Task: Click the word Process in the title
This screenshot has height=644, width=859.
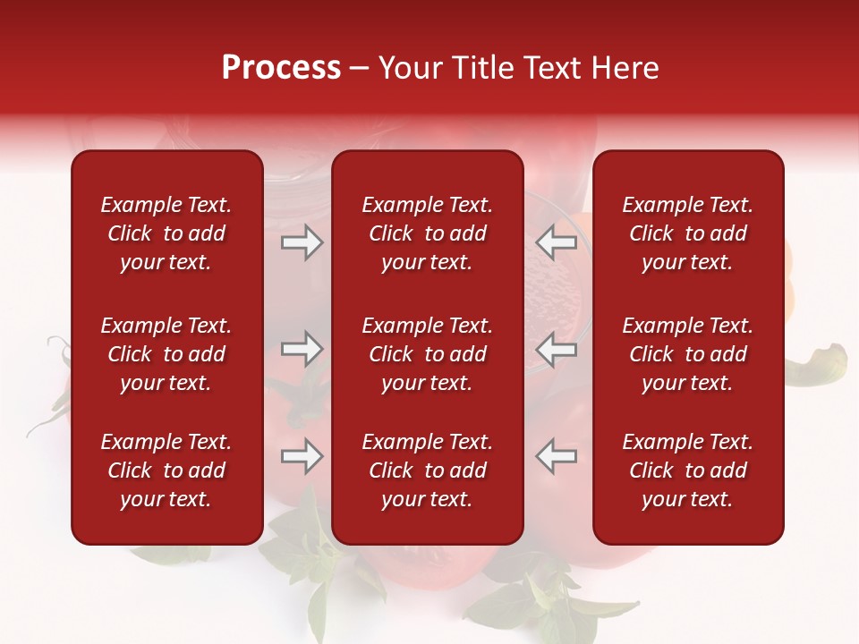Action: tap(281, 68)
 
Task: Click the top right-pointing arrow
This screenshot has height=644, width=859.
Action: tap(302, 242)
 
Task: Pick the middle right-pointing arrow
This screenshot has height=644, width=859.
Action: tap(302, 349)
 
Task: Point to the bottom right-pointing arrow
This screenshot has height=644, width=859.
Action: tap(302, 456)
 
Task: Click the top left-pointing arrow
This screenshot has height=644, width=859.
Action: tap(557, 242)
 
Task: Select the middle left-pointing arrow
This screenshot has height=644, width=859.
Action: tap(557, 349)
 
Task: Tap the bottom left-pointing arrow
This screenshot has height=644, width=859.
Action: tap(557, 456)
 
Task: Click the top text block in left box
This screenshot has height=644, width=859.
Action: tap(166, 233)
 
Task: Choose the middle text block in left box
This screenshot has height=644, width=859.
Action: tap(166, 354)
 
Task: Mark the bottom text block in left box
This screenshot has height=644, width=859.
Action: tap(166, 470)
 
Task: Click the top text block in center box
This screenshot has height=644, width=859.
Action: tap(427, 233)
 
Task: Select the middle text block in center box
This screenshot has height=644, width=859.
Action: tap(427, 354)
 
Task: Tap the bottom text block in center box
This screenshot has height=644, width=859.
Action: tap(427, 470)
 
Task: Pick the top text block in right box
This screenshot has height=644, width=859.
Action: tap(688, 233)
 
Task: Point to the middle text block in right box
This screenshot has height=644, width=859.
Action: tap(688, 354)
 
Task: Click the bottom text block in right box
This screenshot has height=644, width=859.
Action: tap(688, 470)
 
